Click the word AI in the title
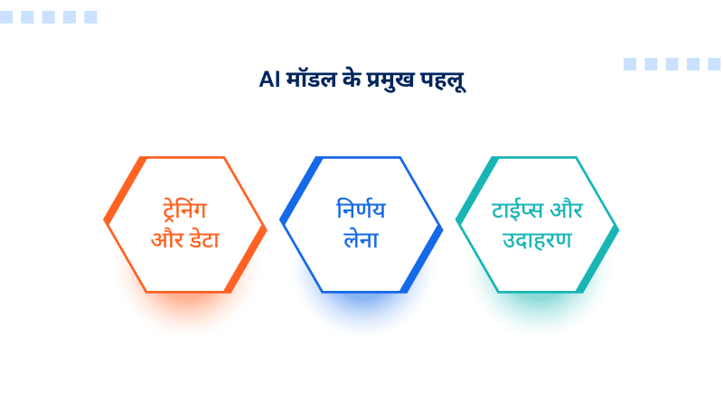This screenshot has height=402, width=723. point(268,80)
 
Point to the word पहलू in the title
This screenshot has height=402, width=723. point(444,80)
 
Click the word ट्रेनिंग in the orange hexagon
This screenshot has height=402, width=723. point(184,210)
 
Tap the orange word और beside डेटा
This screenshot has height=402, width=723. point(164,241)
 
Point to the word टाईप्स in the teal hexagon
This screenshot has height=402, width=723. point(518,210)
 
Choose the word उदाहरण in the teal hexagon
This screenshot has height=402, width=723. point(537,241)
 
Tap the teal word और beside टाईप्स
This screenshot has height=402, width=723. point(567,210)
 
